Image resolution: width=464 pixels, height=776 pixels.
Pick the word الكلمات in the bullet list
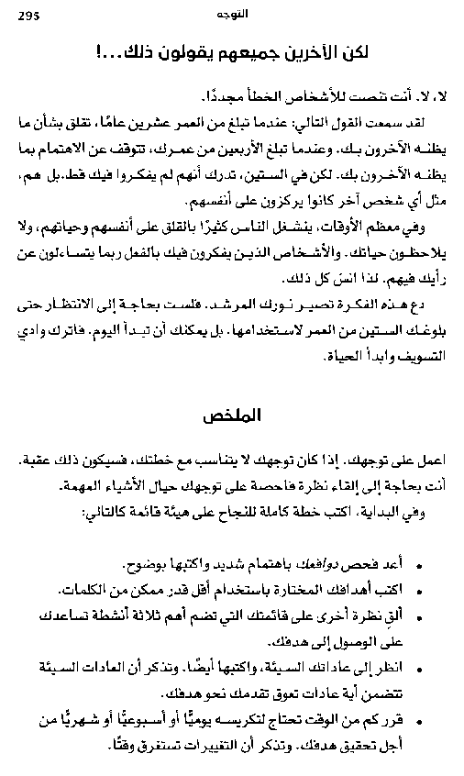(x=108, y=587)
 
